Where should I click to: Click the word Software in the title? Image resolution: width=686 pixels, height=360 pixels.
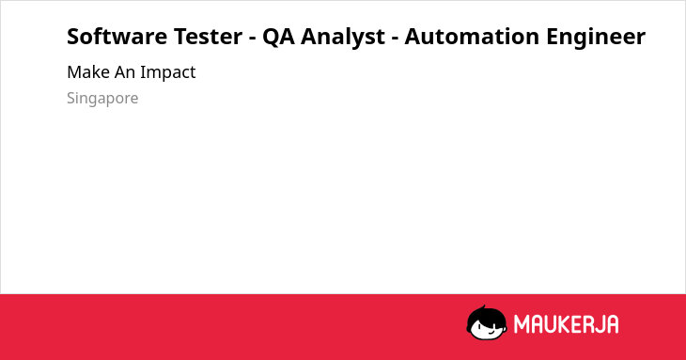coord(117,36)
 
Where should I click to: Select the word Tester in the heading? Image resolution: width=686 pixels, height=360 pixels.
coord(209,36)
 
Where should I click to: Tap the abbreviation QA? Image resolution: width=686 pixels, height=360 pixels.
coord(278,37)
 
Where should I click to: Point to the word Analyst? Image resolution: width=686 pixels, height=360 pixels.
coord(343,38)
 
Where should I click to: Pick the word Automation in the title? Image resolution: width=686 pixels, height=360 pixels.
coord(472,36)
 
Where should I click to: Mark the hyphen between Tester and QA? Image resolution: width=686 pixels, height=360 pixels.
coord(253,39)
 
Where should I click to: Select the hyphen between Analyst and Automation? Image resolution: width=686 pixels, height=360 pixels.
coord(395,39)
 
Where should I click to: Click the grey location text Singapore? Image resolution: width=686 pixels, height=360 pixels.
coord(102,99)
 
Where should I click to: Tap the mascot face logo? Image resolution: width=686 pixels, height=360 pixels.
coord(487,322)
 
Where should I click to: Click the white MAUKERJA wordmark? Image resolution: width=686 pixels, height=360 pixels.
coord(566,324)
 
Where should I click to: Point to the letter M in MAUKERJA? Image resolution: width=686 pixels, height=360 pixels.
coord(522,324)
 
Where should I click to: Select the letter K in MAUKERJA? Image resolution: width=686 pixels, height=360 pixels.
coord(563,324)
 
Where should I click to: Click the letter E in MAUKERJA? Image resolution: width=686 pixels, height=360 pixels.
coord(576,324)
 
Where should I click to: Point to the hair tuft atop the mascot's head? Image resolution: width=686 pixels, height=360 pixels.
coord(483,307)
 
